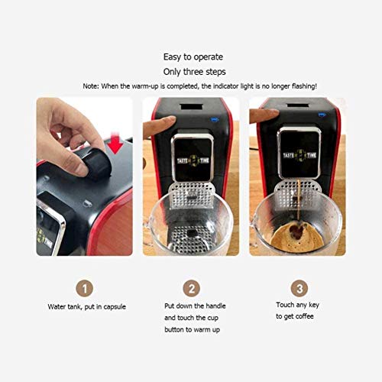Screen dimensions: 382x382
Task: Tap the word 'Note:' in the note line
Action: pos(95,86)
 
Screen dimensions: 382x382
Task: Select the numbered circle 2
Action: pos(191,287)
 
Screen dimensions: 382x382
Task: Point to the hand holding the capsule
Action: pos(65,126)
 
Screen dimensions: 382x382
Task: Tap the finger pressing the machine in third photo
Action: pos(264,116)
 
